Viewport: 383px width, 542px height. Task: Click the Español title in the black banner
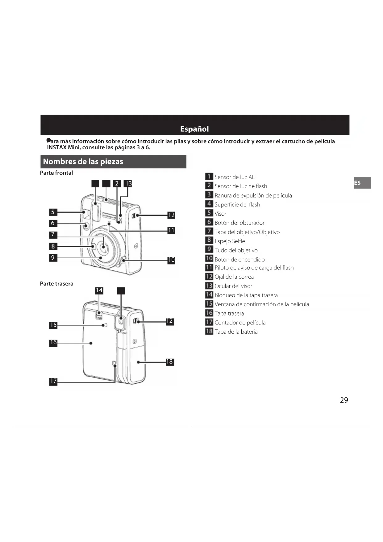[194, 129]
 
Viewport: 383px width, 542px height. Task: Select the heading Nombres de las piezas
[83, 162]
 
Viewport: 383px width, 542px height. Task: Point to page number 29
[344, 400]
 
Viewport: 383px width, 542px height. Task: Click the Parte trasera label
[57, 284]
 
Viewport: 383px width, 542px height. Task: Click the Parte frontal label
[56, 173]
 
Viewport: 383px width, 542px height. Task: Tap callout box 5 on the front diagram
[53, 212]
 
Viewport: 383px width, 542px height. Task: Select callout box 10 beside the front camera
[171, 260]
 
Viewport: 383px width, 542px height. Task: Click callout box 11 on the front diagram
[171, 230]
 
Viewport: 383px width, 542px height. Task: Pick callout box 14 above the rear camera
[99, 290]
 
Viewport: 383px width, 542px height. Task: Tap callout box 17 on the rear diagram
[53, 381]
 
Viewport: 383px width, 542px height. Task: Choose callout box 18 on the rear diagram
[170, 362]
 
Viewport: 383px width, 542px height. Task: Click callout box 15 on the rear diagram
[53, 325]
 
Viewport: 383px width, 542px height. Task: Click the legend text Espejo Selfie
[230, 241]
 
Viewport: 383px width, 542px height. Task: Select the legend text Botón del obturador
[239, 223]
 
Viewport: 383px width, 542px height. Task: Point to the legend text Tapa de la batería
[236, 332]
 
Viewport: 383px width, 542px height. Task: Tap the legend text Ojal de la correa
[234, 277]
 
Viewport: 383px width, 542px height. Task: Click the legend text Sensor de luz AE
[235, 177]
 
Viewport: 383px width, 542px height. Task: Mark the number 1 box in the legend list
[209, 177]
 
